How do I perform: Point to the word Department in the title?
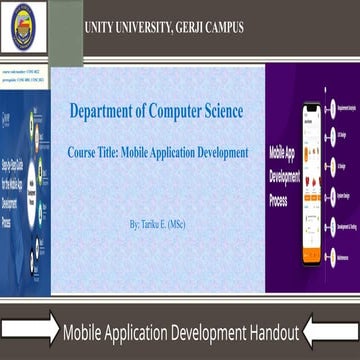106,111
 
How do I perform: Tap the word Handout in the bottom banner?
266,333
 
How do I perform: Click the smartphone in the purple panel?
309,160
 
